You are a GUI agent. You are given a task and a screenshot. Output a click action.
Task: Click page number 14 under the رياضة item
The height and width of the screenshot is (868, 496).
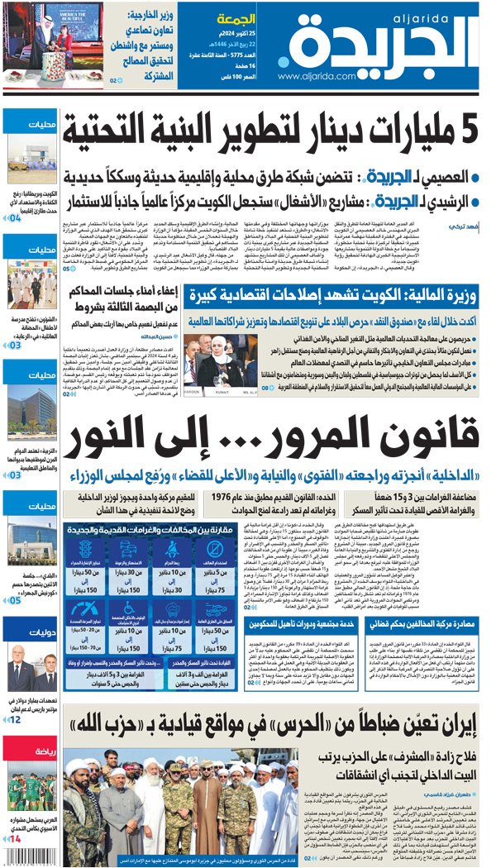tap(16, 837)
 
